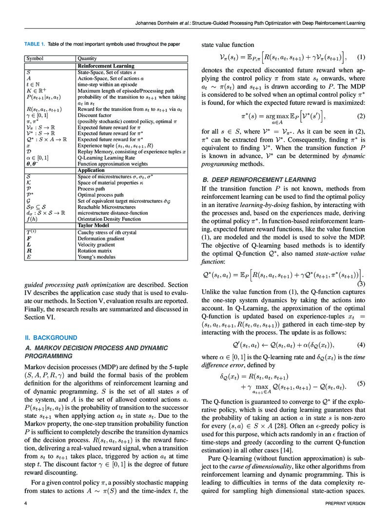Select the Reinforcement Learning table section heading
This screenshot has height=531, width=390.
[106, 65]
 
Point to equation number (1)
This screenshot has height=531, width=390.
[361, 57]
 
